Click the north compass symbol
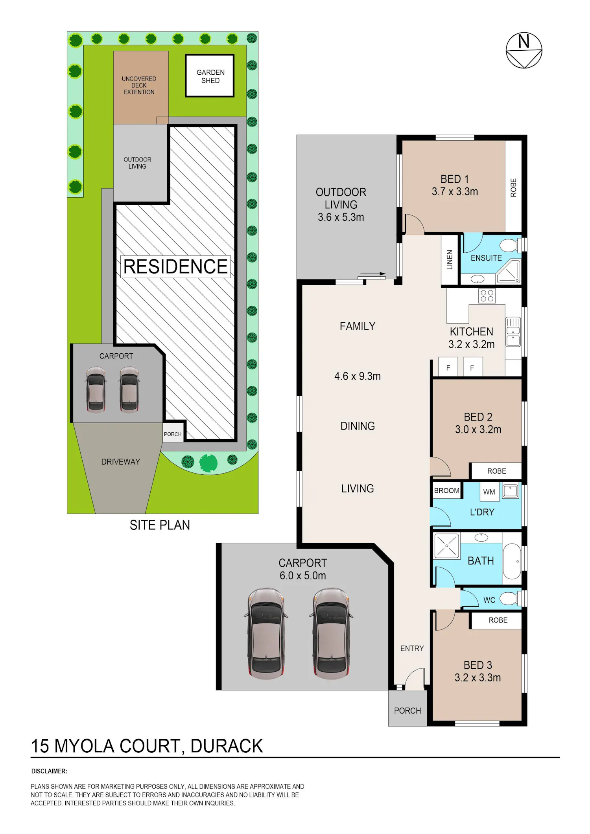[x=524, y=50]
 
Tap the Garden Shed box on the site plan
[x=210, y=76]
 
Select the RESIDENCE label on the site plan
[x=175, y=266]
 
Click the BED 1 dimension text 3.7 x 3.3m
[x=455, y=192]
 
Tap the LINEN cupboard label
[x=450, y=260]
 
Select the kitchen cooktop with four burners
[x=487, y=296]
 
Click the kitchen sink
[x=513, y=332]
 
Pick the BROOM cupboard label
[x=446, y=490]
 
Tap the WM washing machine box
[x=489, y=492]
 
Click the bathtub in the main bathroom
[x=512, y=561]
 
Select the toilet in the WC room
[x=511, y=599]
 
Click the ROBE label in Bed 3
[x=498, y=620]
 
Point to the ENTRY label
[x=412, y=648]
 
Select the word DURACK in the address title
[x=227, y=746]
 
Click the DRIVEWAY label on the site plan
[x=121, y=462]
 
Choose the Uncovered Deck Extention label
[x=139, y=85]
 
